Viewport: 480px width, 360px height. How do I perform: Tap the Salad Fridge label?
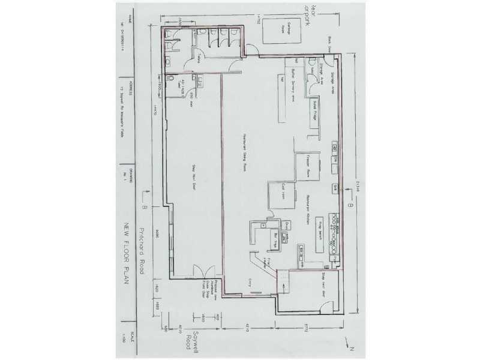click(314, 114)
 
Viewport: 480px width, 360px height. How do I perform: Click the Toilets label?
click(199, 57)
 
